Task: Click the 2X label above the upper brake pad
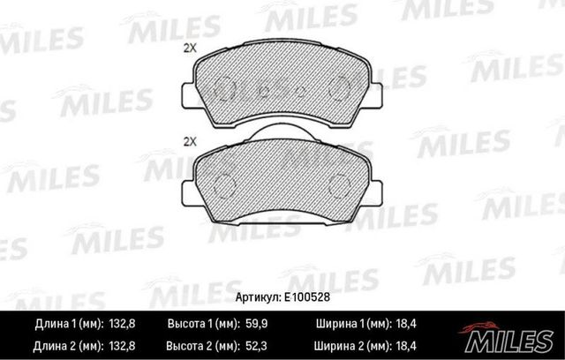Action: coord(188,48)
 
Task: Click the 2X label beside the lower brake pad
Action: coord(188,141)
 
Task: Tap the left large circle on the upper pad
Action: coord(223,89)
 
